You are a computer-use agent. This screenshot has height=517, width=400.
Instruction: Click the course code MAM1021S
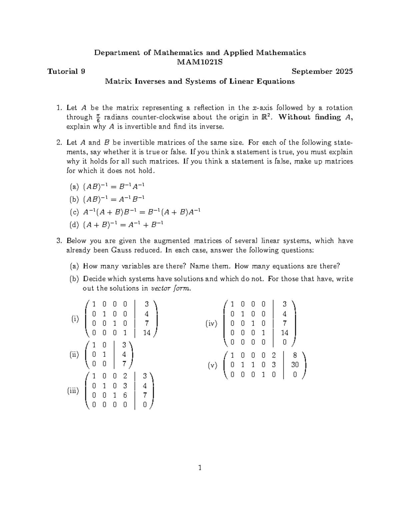click(200, 62)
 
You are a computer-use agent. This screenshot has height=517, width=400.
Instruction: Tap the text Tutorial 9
click(66, 72)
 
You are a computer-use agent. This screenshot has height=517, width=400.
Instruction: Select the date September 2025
click(322, 72)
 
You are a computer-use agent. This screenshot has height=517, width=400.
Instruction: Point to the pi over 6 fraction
click(98, 118)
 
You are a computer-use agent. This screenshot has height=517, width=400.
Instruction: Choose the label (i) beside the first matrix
click(75, 319)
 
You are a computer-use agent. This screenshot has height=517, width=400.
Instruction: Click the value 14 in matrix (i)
click(147, 333)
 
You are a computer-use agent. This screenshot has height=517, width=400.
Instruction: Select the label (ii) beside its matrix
click(74, 355)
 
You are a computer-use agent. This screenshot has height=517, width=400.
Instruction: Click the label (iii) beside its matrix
click(73, 391)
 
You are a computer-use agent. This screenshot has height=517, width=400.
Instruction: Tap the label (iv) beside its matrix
click(211, 323)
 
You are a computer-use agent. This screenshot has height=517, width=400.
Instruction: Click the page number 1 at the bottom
click(200, 468)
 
